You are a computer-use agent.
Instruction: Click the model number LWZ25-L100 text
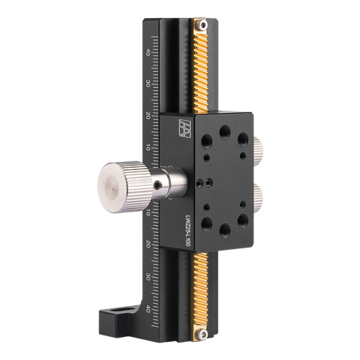point(186,226)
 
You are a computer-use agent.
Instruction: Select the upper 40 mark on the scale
point(148,52)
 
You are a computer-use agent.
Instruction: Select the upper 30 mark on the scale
point(148,84)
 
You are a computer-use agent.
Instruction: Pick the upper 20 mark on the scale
point(148,115)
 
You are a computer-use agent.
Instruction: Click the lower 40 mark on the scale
point(148,309)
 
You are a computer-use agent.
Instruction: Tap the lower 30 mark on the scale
point(148,277)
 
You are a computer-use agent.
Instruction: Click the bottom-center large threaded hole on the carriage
point(225,229)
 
